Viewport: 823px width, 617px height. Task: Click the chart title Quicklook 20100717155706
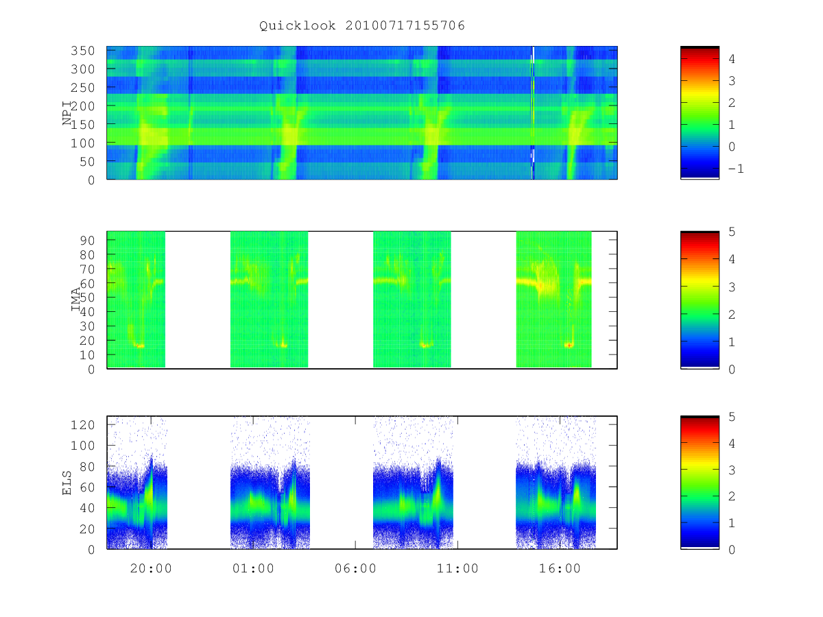point(362,25)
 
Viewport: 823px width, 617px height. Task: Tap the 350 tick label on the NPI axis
point(82,51)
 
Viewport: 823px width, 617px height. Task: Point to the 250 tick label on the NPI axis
point(82,88)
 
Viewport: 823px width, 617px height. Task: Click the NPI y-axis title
point(67,113)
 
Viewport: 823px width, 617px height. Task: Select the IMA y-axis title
point(75,300)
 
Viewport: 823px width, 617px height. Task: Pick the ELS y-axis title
point(67,483)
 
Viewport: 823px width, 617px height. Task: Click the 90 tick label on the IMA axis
point(87,241)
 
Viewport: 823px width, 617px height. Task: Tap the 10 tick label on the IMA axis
point(87,354)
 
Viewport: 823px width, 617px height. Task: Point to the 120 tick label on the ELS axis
point(82,425)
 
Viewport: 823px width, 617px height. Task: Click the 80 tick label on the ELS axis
point(87,466)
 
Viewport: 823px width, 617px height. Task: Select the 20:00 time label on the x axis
point(151,568)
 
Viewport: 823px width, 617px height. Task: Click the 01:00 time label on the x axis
point(253,568)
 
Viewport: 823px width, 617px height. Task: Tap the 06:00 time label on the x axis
point(355,568)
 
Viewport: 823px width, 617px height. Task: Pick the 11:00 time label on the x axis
point(457,568)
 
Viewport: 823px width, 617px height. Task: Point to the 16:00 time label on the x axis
point(560,568)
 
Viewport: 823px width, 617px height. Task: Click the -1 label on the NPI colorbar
point(736,169)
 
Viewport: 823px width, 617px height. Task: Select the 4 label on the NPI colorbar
point(732,59)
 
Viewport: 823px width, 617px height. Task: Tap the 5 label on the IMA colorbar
point(732,232)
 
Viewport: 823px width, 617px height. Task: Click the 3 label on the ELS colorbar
point(732,470)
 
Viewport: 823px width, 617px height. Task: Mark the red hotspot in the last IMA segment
point(569,345)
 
